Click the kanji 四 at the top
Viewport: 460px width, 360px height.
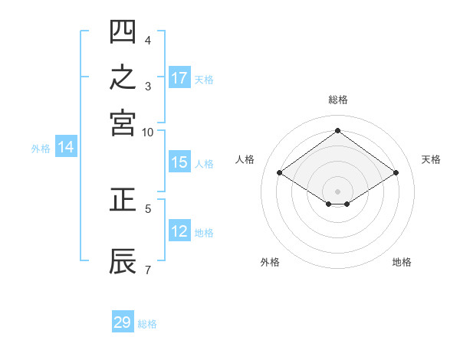[x=123, y=31]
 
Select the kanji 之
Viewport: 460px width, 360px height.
[x=123, y=77]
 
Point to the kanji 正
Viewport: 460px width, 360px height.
[x=123, y=199]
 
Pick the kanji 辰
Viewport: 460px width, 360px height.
[x=123, y=261]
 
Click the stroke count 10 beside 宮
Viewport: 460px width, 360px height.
[x=147, y=133]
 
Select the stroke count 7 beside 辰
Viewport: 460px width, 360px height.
[x=148, y=270]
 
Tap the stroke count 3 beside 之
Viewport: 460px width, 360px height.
[x=148, y=87]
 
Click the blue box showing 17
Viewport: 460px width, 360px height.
[x=179, y=77]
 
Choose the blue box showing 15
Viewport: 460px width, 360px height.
[x=179, y=162]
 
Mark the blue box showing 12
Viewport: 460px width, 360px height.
[x=179, y=230]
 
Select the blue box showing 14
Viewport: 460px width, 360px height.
[x=66, y=146]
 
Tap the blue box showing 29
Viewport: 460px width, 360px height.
[x=123, y=321]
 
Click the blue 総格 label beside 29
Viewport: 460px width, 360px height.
[x=147, y=324]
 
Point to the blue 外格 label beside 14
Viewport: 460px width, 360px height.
[x=41, y=149]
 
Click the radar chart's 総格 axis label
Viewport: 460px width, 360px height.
[x=338, y=100]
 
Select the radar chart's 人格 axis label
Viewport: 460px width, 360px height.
[x=245, y=159]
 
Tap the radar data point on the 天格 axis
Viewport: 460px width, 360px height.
[x=396, y=172]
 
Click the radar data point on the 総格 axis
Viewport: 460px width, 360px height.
[x=337, y=130]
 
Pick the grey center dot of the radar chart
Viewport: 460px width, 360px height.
[x=337, y=191]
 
